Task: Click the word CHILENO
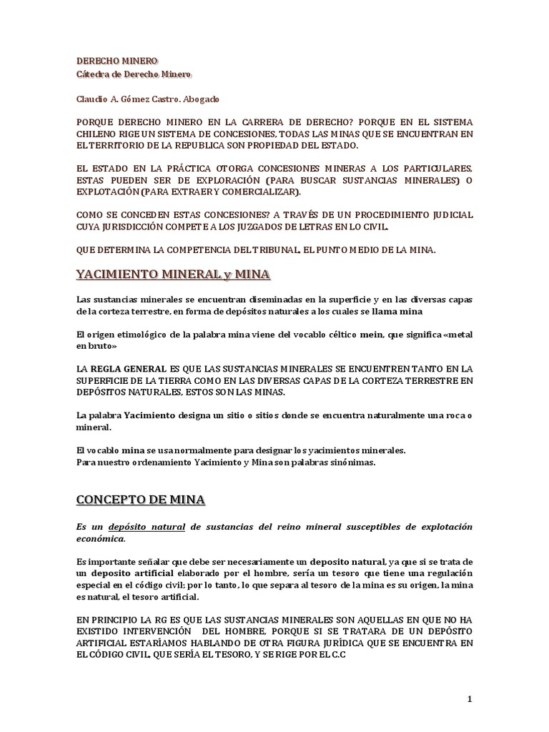(98, 134)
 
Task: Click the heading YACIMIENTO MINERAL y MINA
(173, 274)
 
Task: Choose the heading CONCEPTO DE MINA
(141, 500)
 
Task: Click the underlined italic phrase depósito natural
(147, 527)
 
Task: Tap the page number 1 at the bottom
(470, 700)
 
